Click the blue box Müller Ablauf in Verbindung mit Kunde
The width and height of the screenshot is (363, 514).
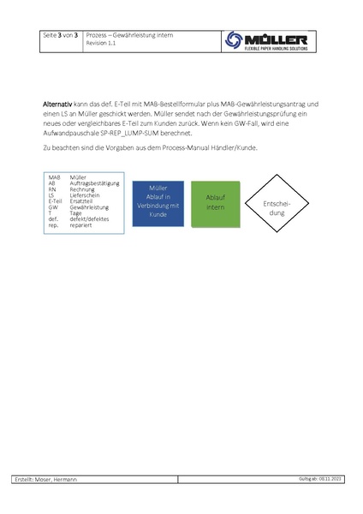158,202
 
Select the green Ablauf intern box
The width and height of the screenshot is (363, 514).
215,202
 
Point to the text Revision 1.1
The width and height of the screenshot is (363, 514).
101,42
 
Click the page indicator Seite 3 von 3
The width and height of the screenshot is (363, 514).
61,34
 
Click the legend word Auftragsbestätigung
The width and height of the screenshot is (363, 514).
95,183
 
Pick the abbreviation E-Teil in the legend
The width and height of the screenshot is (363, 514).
54,201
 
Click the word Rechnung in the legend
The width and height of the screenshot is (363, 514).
83,189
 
